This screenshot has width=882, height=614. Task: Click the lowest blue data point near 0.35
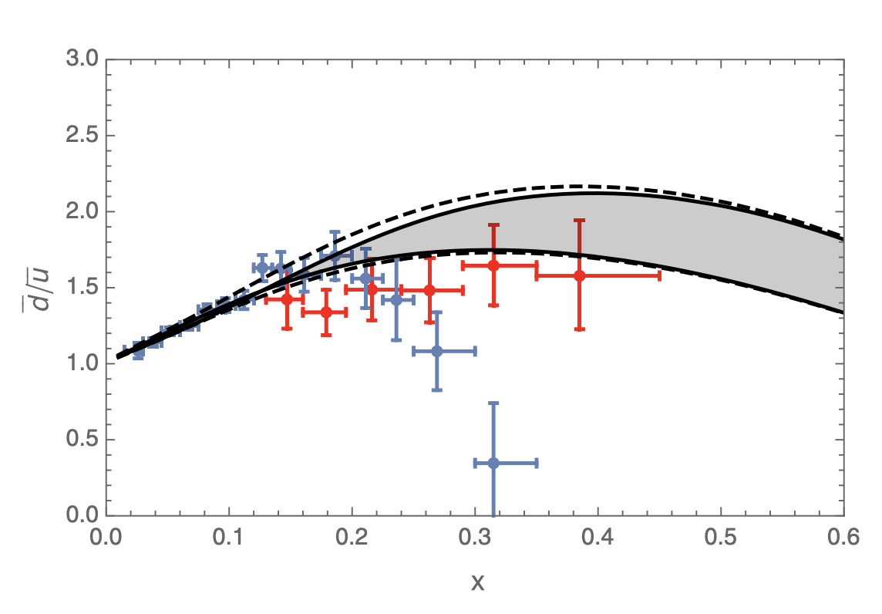click(x=493, y=463)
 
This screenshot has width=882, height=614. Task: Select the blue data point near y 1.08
click(x=437, y=351)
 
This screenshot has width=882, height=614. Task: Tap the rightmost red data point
click(x=579, y=275)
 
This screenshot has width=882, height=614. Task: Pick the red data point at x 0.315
click(x=493, y=265)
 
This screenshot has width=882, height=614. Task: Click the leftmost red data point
click(x=287, y=299)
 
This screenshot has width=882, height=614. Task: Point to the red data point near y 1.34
click(x=326, y=312)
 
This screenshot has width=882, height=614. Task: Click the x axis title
click(x=477, y=582)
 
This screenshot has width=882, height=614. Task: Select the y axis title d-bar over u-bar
click(x=32, y=287)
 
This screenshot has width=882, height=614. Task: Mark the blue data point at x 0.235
click(x=396, y=300)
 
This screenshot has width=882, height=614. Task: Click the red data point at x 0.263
click(x=429, y=290)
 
